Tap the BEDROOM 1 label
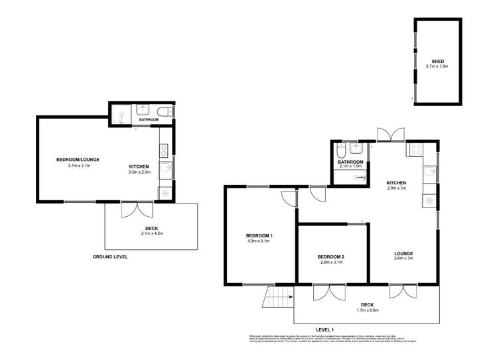coord(259,236)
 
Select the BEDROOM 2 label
coord(330,257)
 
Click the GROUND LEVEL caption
coord(110,257)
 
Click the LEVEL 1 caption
coord(324,330)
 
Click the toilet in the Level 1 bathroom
coord(341,150)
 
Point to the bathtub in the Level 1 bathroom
coord(350,176)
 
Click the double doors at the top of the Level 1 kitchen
coord(388,134)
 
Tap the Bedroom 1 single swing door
coord(287,198)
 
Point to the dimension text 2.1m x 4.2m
coord(152,233)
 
